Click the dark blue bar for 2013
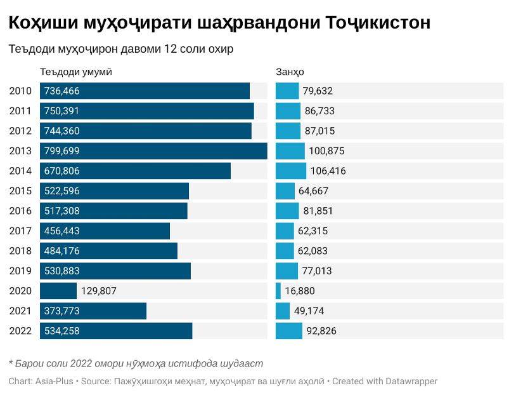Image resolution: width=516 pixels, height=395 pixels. click(153, 151)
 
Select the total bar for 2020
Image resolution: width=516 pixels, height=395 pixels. click(58, 291)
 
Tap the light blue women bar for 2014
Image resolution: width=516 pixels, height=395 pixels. click(291, 171)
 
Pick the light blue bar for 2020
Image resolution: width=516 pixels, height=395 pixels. click(278, 291)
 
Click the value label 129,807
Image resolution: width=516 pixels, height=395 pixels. click(99, 291)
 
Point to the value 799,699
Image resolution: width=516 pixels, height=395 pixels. click(61, 151)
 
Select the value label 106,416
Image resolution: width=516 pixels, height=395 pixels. click(328, 171)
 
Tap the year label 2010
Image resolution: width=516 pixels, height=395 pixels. click(20, 91)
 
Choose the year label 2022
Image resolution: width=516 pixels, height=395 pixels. click(20, 331)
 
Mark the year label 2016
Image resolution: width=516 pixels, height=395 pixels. click(20, 211)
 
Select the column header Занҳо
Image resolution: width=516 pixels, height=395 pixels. click(290, 72)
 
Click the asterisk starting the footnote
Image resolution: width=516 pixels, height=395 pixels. click(11, 363)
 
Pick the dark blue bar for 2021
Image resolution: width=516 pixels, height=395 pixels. click(93, 311)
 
